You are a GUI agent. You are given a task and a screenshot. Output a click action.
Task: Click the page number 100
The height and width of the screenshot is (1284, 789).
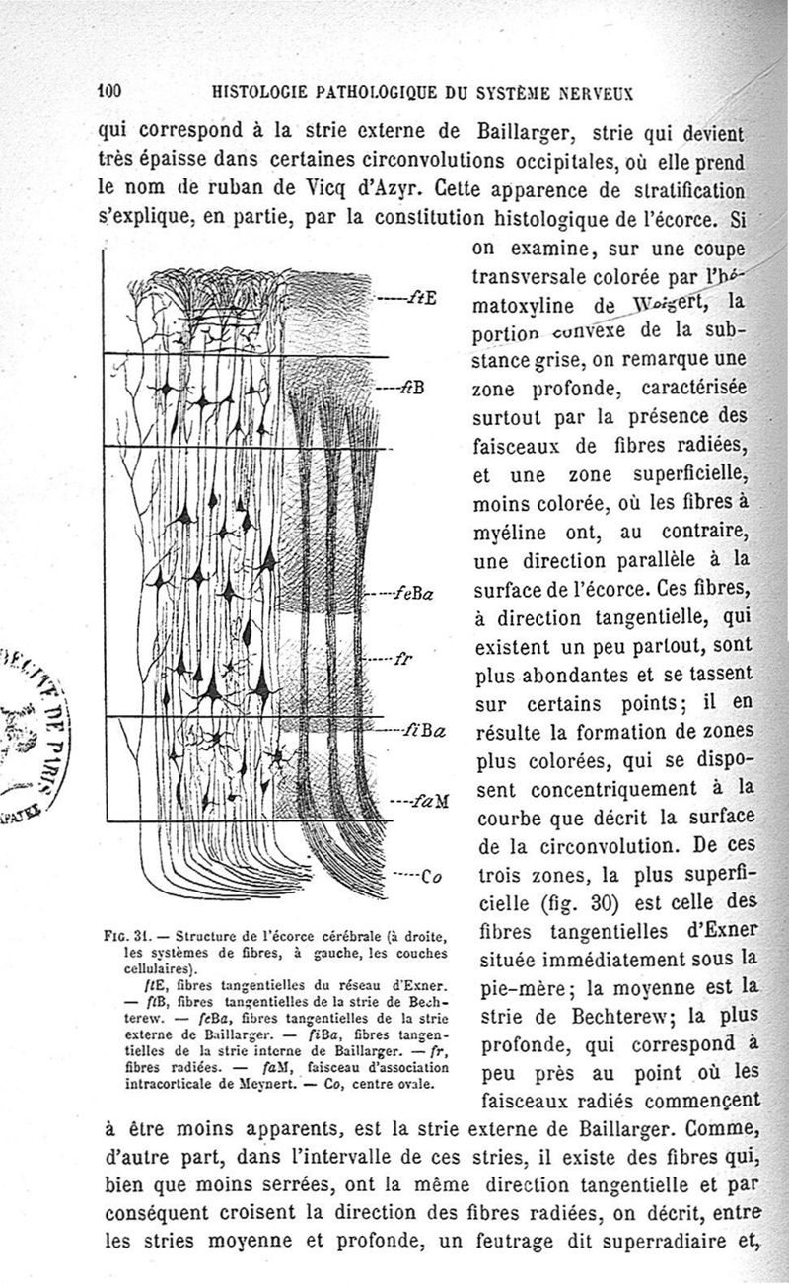click(108, 91)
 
